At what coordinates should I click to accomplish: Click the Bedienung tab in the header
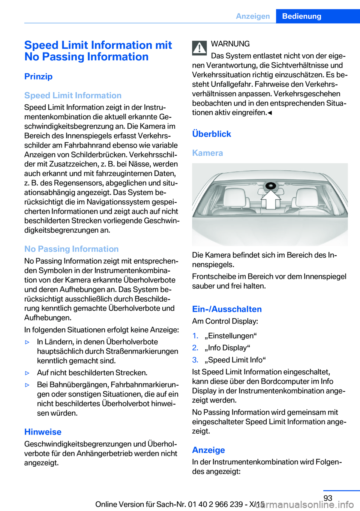[301, 16]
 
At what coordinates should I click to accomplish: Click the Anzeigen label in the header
[253, 16]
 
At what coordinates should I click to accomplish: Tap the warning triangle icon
[199, 48]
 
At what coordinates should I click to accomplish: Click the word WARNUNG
[230, 44]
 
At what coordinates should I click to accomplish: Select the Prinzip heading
[38, 77]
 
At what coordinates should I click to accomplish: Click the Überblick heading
[211, 134]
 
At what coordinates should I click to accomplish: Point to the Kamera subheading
[207, 153]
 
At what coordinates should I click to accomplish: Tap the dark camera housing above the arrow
[271, 186]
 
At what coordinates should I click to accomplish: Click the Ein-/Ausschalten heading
[227, 309]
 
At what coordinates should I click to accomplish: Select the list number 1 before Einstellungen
[195, 336]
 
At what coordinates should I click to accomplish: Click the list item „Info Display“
[227, 348]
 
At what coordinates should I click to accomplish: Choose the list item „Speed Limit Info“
[235, 360]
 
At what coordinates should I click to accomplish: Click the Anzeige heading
[208, 450]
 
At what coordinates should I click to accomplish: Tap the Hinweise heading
[43, 432]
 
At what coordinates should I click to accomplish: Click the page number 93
[328, 498]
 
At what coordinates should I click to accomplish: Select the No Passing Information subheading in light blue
[71, 249]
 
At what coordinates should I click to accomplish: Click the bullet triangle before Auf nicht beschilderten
[27, 373]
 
